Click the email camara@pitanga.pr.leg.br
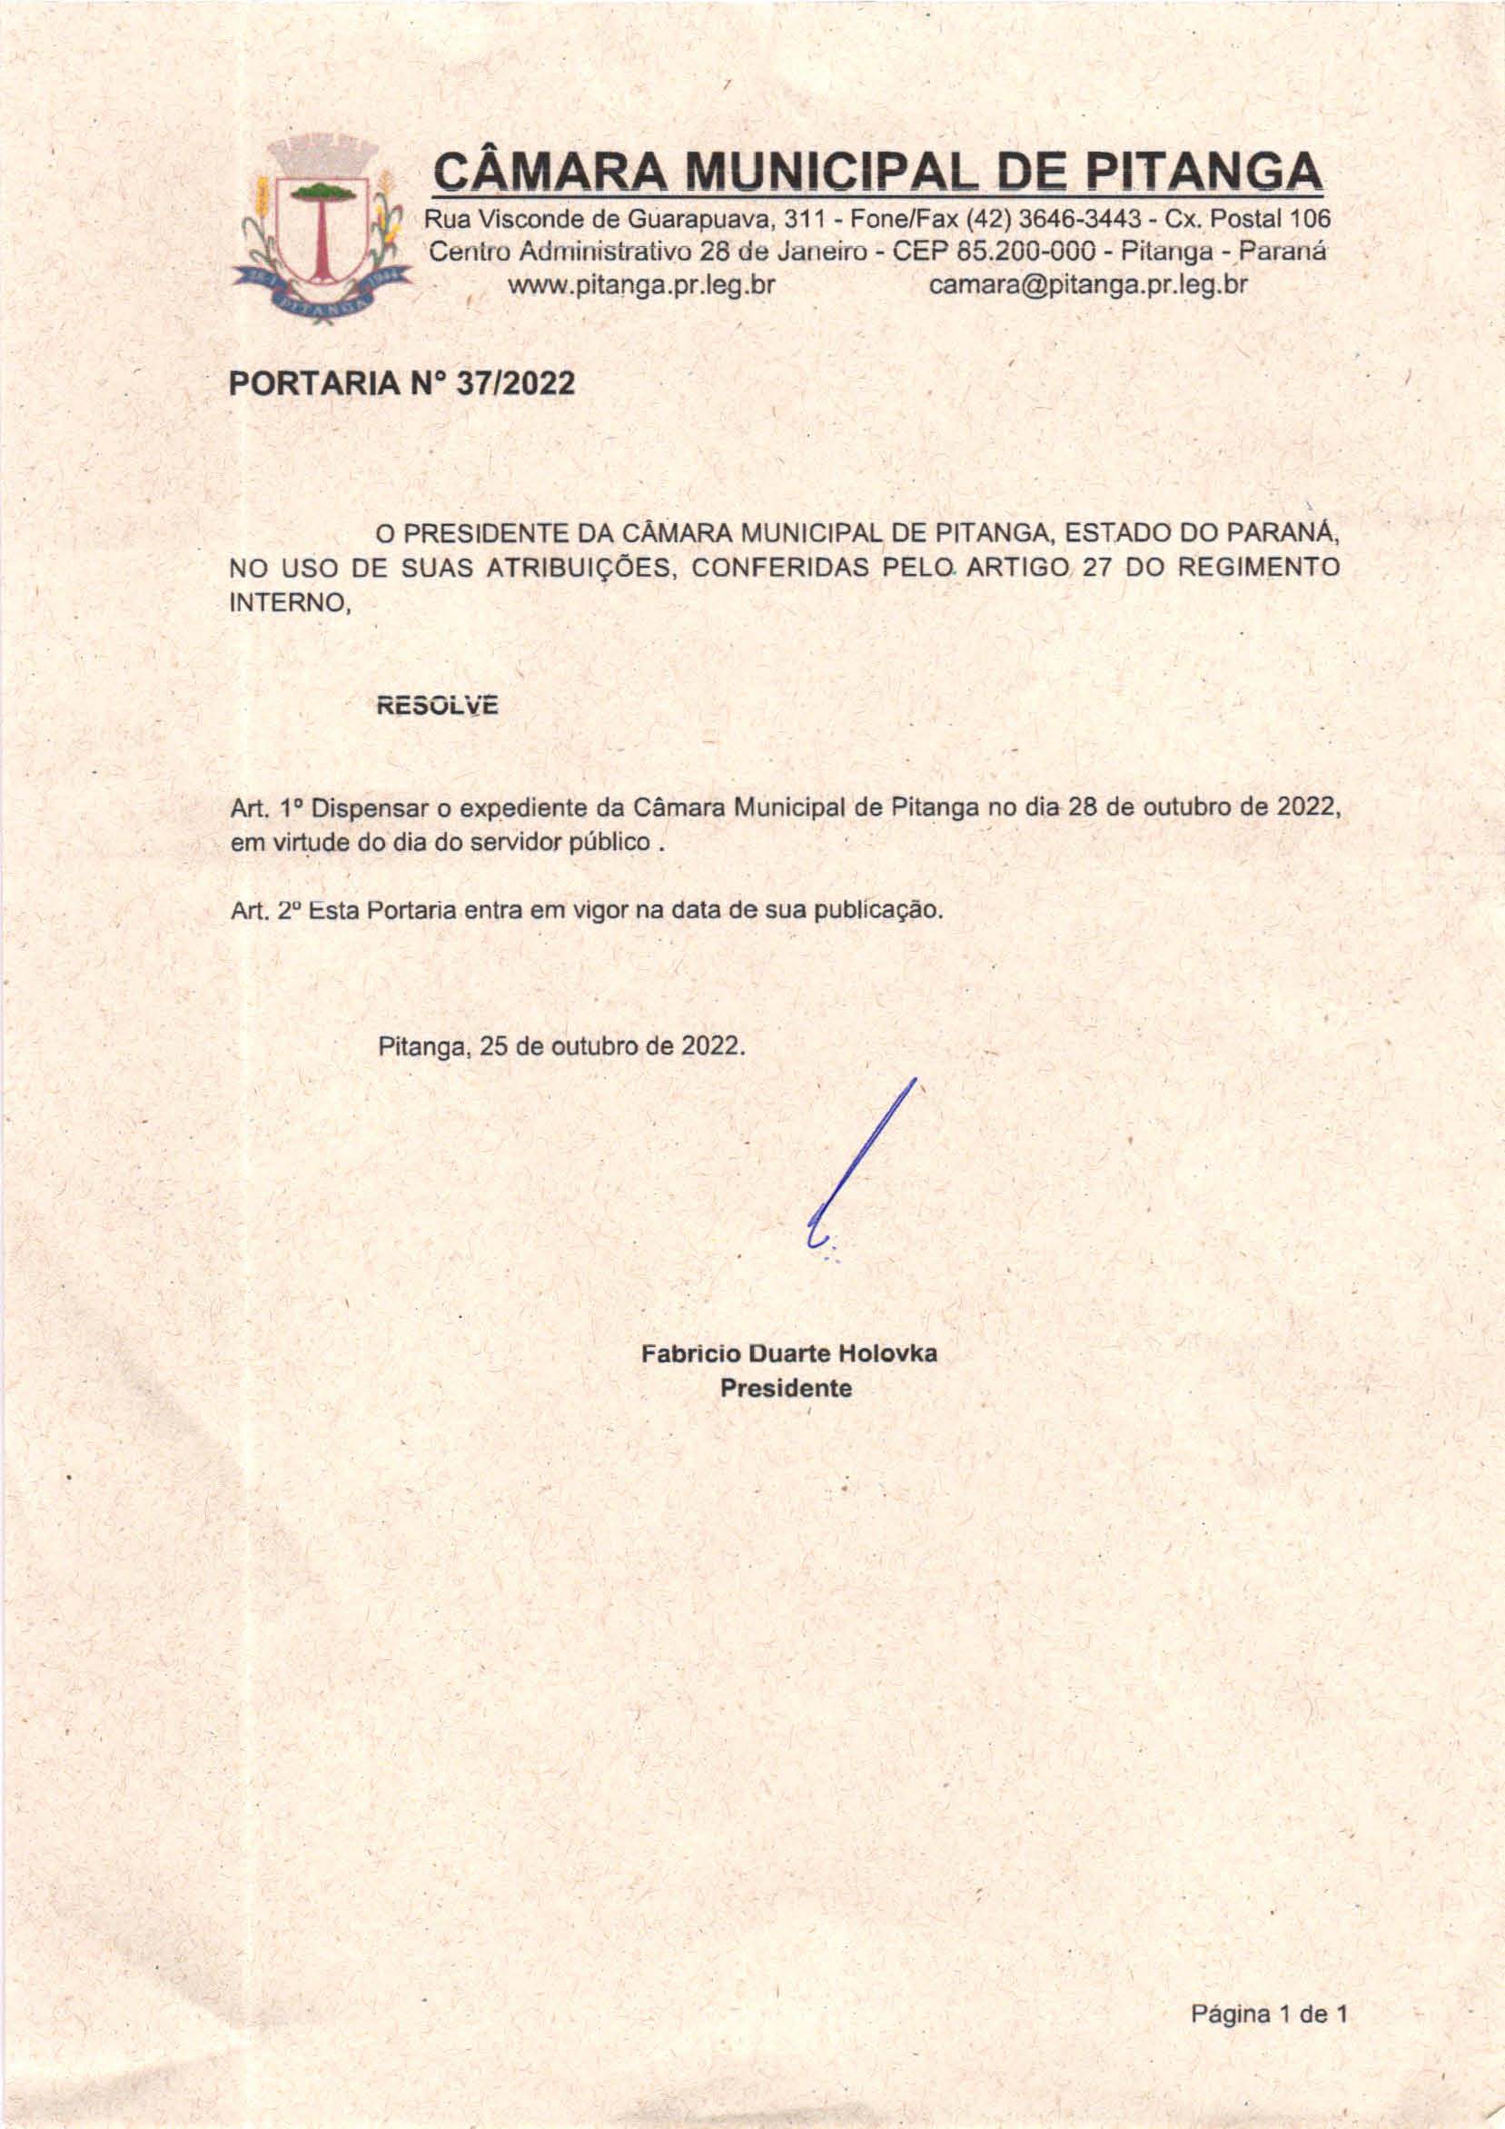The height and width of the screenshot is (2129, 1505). (x=1089, y=285)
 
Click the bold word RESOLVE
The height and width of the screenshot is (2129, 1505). (x=437, y=707)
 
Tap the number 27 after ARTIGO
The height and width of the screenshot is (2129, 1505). (x=1098, y=569)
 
